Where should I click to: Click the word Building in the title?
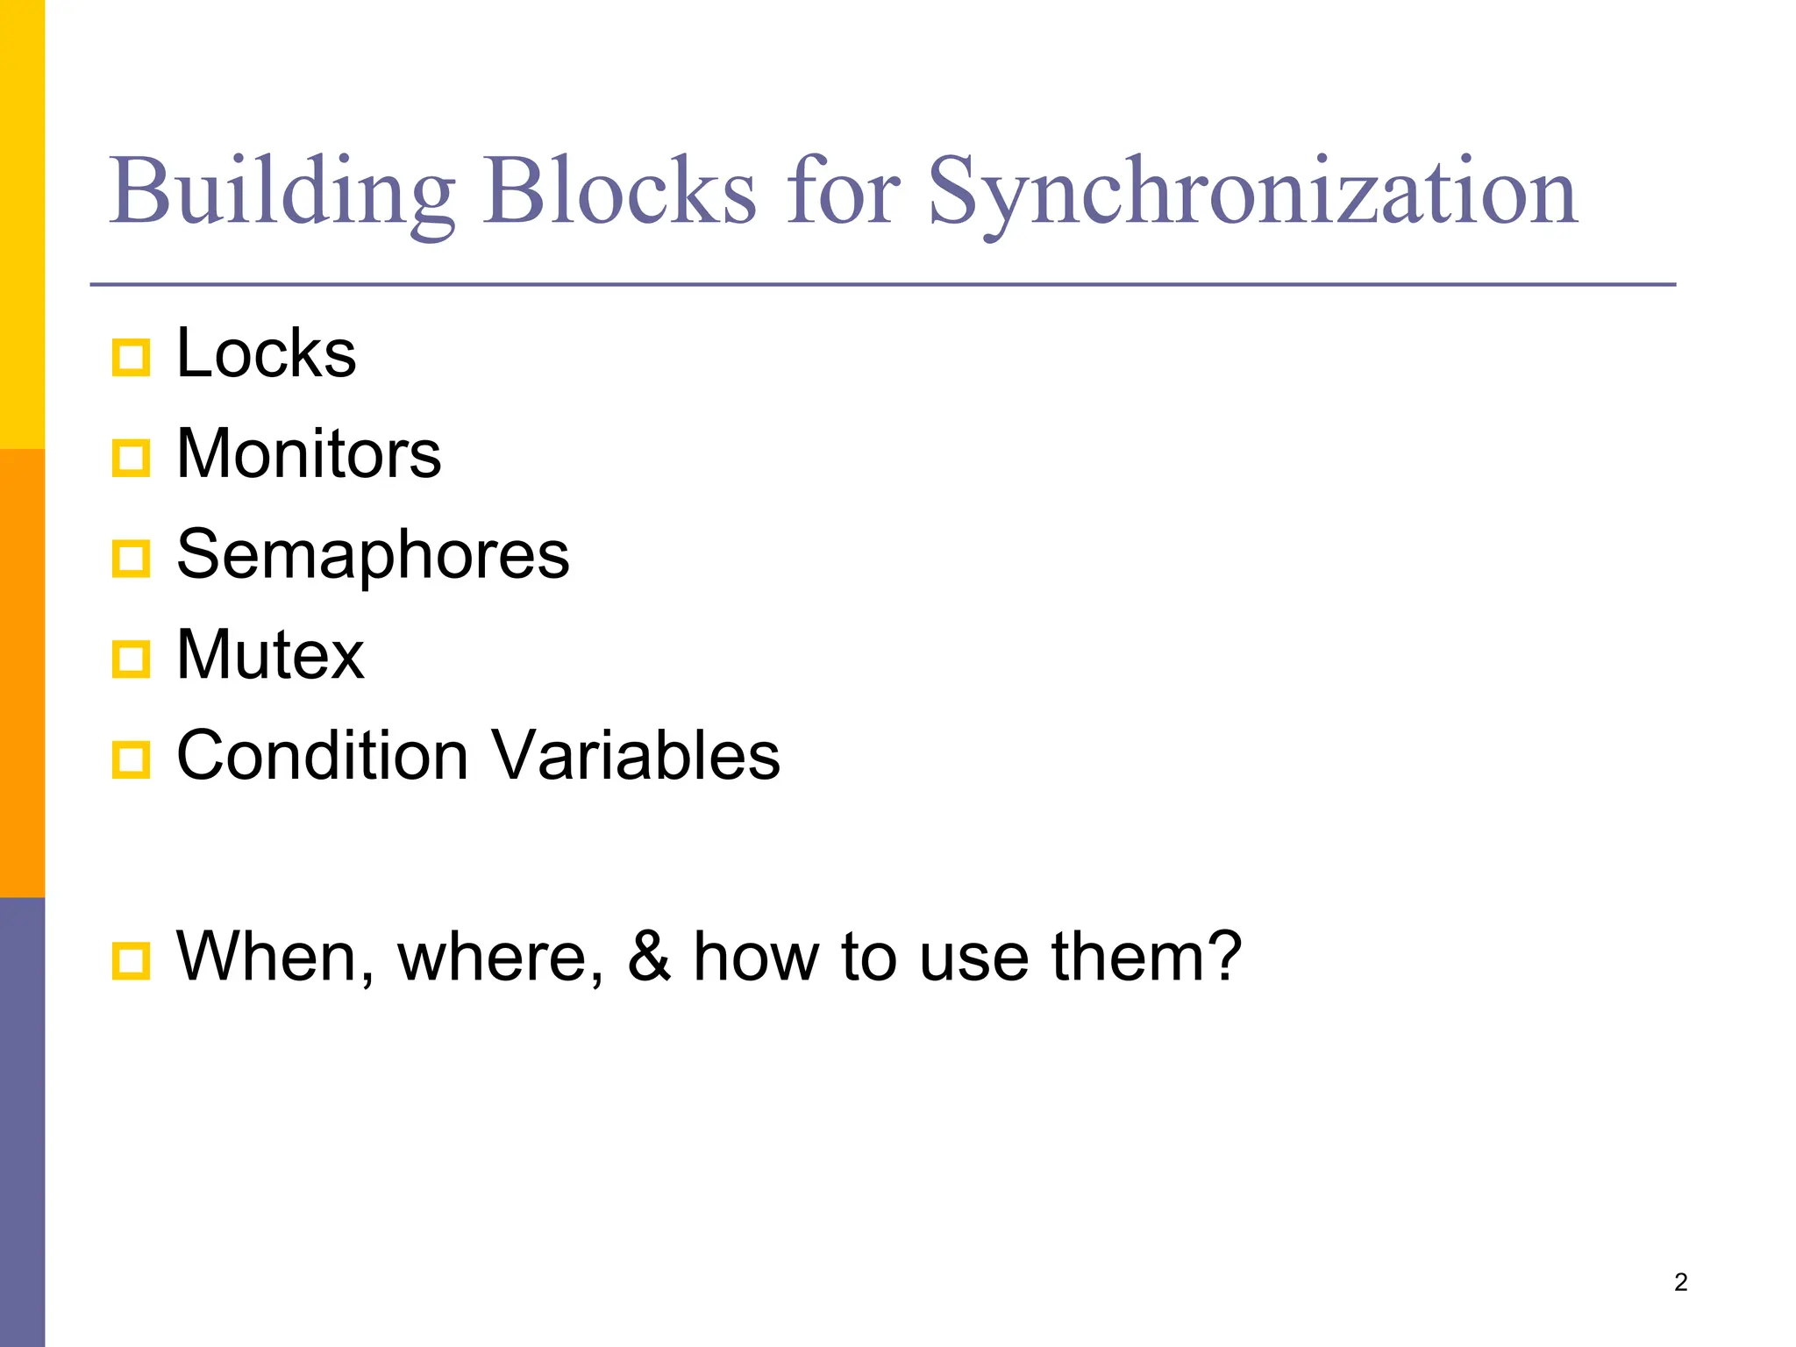pos(282,191)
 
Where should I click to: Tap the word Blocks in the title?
pos(619,191)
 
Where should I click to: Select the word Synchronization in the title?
pos(1253,191)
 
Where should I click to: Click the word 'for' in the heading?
pos(843,191)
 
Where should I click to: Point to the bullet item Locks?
pos(267,353)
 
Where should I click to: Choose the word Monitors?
pos(309,454)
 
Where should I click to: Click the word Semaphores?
pos(373,555)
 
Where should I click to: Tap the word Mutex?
pos(270,655)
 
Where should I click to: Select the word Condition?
pos(323,756)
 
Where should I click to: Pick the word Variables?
pos(635,756)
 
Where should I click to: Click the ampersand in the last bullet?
pos(649,957)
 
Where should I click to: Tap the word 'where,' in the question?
pos(501,957)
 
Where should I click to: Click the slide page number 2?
pos(1680,1282)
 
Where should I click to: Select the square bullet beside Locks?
pos(132,358)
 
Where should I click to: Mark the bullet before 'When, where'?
pos(132,961)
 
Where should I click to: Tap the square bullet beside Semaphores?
pos(132,559)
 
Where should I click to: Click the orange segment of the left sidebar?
pos(22,673)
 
